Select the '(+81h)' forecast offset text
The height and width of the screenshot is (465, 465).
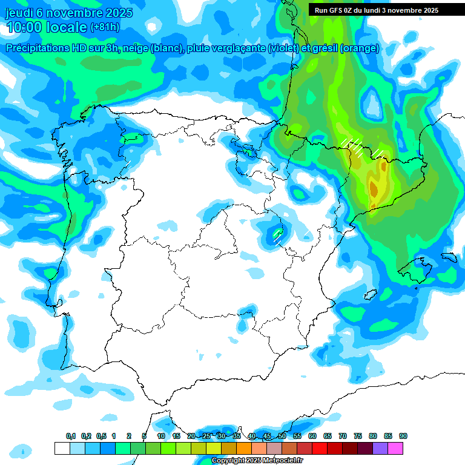tap(104, 27)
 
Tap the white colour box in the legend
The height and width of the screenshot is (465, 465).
tap(62, 448)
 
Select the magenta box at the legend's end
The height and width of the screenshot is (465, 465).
tap(395, 448)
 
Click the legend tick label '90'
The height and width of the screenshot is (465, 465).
tap(403, 437)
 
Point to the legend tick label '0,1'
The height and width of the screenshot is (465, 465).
tap(70, 437)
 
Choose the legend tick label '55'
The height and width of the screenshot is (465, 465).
tap(297, 437)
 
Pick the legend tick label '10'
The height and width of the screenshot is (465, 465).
tap(161, 437)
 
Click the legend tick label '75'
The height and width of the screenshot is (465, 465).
tap(358, 437)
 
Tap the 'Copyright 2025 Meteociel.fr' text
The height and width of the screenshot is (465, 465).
tap(257, 461)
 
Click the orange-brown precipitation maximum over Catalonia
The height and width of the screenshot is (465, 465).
tap(374, 189)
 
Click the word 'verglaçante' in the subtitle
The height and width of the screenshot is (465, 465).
tap(237, 48)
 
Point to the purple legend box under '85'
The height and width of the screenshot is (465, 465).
tap(380, 448)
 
